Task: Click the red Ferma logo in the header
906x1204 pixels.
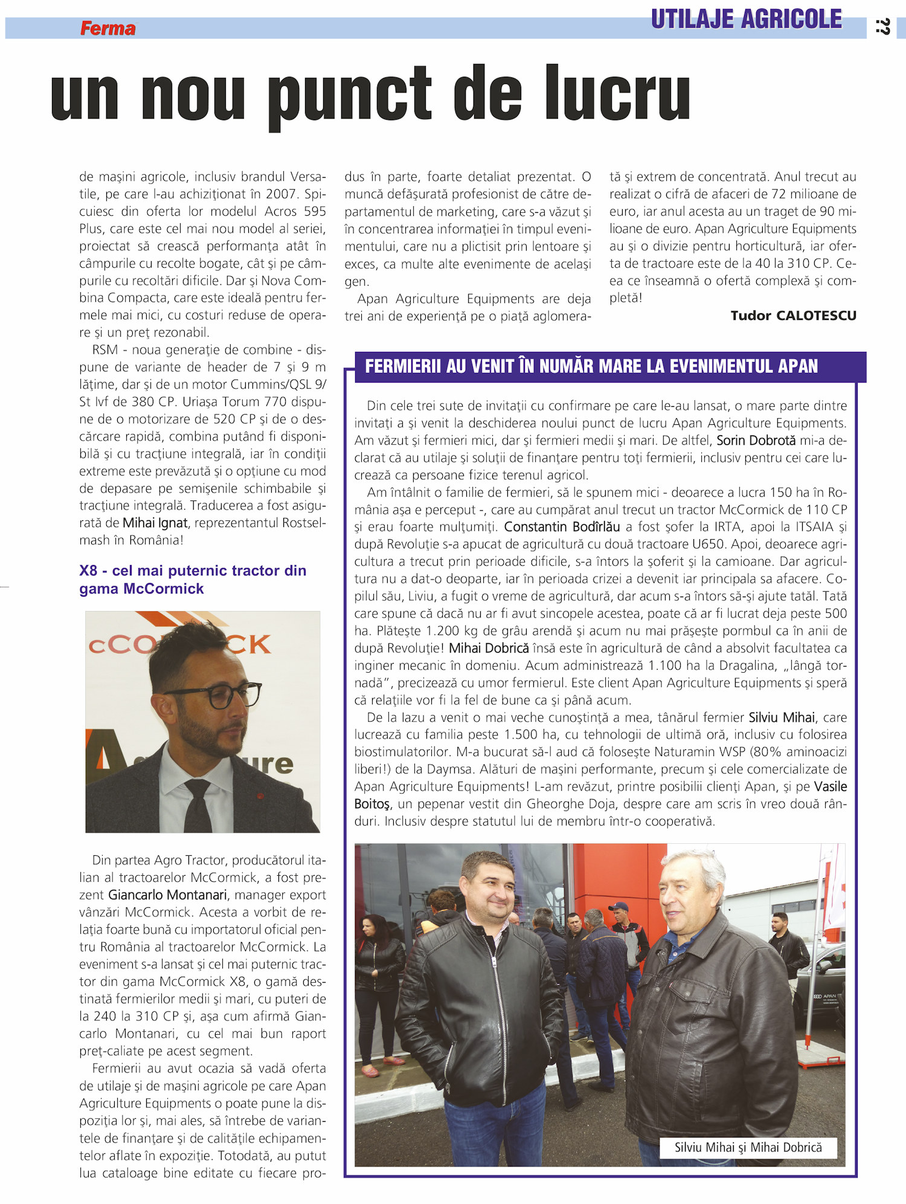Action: [x=108, y=28]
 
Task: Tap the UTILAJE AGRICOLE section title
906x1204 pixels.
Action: [x=746, y=19]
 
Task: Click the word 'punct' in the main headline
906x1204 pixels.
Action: [x=350, y=95]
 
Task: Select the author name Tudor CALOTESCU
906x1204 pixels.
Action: [x=793, y=316]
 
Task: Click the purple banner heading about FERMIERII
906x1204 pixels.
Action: [x=591, y=366]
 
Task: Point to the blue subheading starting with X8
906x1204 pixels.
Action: [x=193, y=579]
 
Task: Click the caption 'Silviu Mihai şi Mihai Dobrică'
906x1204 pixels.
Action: [x=748, y=1147]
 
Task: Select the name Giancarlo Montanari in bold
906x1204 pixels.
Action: [x=167, y=895]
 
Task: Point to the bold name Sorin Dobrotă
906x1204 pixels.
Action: [x=756, y=441]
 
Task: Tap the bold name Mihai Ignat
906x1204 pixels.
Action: [x=155, y=523]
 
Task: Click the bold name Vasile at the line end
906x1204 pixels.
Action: [x=830, y=786]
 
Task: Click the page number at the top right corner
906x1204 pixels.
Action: [x=883, y=27]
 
